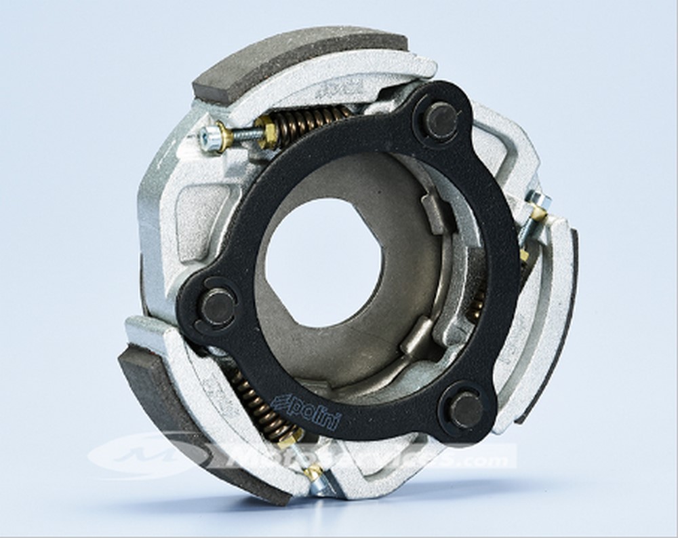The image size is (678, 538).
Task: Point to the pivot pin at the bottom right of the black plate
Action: pos(466,410)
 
